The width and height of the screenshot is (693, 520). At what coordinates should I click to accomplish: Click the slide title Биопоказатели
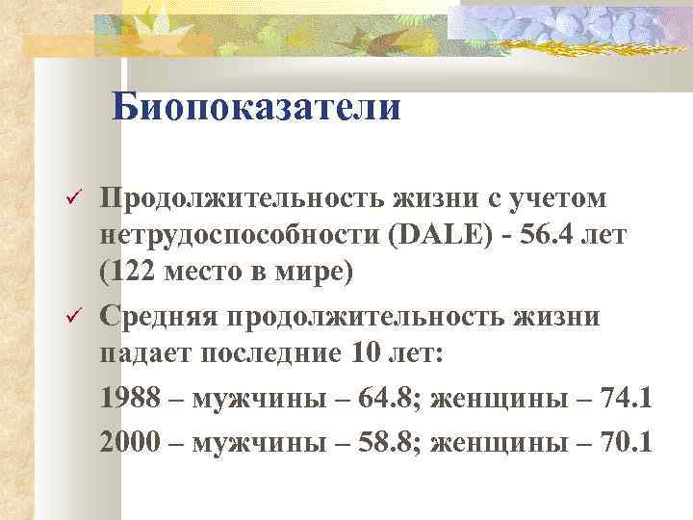tap(255, 107)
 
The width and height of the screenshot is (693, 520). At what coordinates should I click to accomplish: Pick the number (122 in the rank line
tap(129, 274)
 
